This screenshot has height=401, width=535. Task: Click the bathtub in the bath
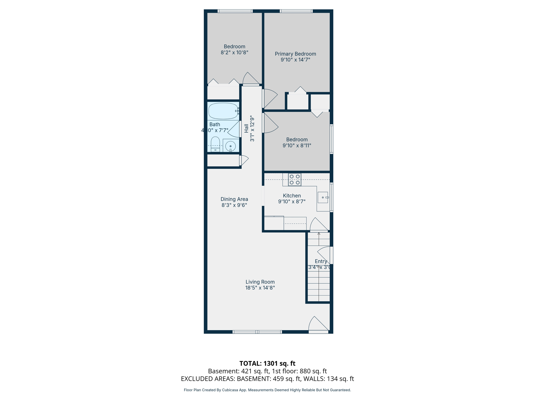[x=223, y=111]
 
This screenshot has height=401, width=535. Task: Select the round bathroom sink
[x=230, y=146]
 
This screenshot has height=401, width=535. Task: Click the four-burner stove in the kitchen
[x=294, y=180]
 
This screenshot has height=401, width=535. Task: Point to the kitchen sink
[x=323, y=197]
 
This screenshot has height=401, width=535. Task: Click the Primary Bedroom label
[x=295, y=54]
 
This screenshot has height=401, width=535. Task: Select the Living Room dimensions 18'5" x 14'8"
[x=260, y=288]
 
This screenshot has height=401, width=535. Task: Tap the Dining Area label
[x=234, y=199]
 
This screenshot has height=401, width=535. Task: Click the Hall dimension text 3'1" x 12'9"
[x=252, y=128]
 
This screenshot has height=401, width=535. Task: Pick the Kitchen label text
[x=292, y=196]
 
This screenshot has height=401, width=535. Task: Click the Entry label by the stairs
[x=321, y=261]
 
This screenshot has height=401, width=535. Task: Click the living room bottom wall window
[x=257, y=332]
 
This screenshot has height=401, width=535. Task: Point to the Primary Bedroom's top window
[x=296, y=11]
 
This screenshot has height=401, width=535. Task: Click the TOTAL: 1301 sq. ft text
[x=267, y=363]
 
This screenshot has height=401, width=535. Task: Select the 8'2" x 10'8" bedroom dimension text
[x=234, y=52]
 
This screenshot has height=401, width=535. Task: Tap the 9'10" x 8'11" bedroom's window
[x=332, y=139]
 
